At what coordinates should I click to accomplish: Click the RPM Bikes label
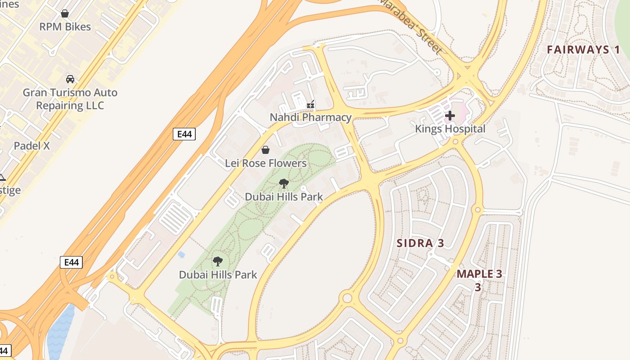coord(65,27)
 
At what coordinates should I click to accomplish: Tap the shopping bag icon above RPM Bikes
coord(65,13)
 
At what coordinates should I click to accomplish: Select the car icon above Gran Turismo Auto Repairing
coord(70,79)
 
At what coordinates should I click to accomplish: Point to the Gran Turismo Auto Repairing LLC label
coord(70,99)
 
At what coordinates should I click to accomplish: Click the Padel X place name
coord(31,146)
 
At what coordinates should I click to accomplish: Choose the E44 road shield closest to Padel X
coord(184,134)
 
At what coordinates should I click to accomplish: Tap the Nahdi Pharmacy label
coord(310,117)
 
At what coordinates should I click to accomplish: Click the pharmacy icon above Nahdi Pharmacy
coord(310,104)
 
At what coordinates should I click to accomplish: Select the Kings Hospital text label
coord(450,129)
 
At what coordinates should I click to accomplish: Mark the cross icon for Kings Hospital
coord(450,116)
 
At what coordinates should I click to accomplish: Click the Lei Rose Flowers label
coord(265,163)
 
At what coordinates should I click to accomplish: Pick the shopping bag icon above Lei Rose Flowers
coord(265,150)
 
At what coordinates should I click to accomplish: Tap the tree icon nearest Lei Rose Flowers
coord(284,183)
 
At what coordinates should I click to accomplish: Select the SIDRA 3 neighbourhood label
coord(420,243)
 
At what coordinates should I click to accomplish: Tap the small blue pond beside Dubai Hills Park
coord(181,255)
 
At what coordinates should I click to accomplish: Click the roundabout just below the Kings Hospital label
coord(455,142)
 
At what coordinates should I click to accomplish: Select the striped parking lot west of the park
coord(175,218)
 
